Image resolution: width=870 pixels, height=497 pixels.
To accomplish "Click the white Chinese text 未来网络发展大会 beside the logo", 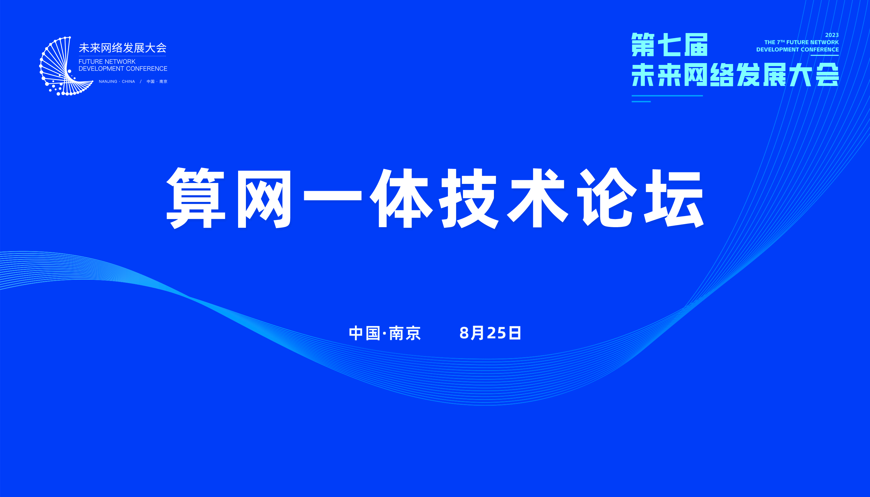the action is point(123,48).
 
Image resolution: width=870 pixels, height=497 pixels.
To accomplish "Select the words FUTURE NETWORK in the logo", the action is point(107,61).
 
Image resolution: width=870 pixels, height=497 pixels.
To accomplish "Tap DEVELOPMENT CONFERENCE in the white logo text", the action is point(123,69).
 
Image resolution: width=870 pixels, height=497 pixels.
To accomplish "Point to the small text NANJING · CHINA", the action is point(117,82).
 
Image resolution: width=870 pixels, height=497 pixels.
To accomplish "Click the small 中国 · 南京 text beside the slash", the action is point(157,82).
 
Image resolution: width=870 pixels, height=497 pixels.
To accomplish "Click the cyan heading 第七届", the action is point(669,45).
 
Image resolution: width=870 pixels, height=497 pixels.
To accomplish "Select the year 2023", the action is point(832,35).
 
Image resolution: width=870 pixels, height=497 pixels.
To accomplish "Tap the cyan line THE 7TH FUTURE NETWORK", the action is point(801,42).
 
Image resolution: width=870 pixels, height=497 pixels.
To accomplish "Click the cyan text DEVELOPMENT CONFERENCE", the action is point(797,50).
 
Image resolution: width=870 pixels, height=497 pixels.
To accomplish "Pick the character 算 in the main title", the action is point(196,198).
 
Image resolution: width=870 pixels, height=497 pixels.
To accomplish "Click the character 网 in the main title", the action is point(264,198).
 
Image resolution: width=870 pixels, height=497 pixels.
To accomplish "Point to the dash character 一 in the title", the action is point(332,195).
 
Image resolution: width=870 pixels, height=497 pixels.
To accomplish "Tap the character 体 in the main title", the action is point(401,198).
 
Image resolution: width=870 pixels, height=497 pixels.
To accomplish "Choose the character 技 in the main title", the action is point(468,198).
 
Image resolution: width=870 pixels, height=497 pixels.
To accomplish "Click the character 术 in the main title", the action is point(538,198).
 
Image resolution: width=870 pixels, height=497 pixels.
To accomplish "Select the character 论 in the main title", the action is point(607,198).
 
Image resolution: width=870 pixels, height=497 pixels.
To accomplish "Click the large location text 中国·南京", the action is point(385,333).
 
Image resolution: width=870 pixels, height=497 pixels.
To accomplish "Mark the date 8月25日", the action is point(490,333).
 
